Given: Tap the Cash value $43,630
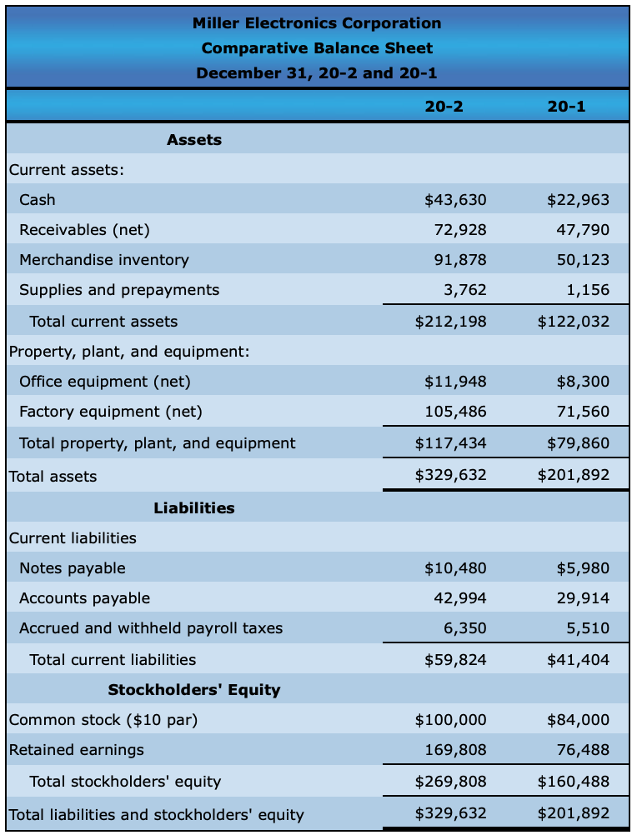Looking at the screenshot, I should (455, 199).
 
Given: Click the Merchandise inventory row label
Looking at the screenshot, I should (104, 259).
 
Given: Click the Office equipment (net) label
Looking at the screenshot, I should (105, 381).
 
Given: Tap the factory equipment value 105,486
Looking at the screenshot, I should (460, 411).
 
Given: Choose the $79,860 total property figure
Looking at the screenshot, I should (578, 442).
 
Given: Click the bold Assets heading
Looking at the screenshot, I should (194, 139).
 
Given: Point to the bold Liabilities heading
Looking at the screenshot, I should (194, 507).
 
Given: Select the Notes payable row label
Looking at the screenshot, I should (73, 567).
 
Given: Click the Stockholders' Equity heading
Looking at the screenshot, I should (194, 689).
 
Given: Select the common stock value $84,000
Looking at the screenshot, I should (578, 719).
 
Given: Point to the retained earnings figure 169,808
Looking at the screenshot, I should (455, 749).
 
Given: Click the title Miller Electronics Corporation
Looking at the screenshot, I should (317, 22).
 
